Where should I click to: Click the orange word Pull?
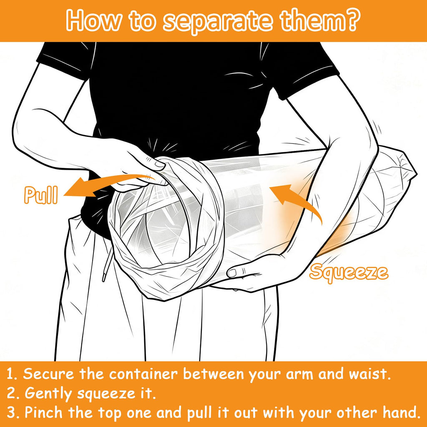pos(41,195)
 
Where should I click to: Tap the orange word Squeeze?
pos(349,273)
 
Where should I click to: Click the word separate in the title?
pos(217,21)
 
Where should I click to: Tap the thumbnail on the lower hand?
pos(232,273)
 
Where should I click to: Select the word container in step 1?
pos(143,374)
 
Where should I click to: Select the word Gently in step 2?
pos(48,394)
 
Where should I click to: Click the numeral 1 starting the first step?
pos(10,374)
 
